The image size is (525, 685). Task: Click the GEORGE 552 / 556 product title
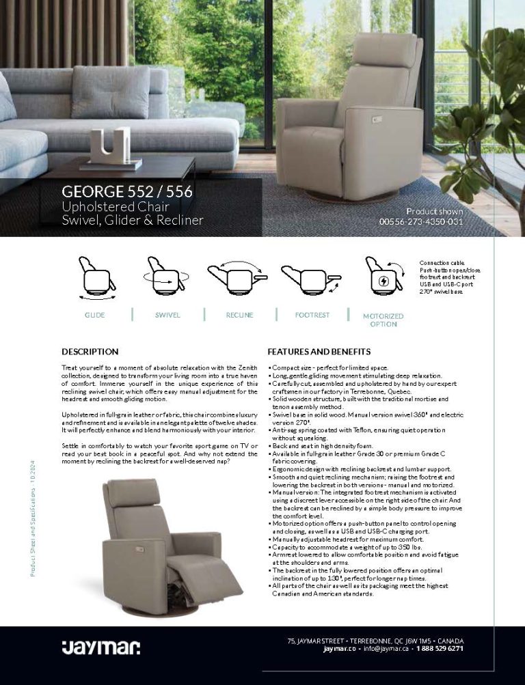point(127,192)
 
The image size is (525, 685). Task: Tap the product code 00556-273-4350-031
point(421,221)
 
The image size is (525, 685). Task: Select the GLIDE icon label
point(94,315)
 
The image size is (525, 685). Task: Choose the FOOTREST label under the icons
point(312,315)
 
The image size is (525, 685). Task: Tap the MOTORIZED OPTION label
point(383,320)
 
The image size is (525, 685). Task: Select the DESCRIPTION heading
point(90,352)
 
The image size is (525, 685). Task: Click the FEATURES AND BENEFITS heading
point(319,352)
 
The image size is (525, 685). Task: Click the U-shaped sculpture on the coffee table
point(110,145)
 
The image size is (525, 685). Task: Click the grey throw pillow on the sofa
point(109,92)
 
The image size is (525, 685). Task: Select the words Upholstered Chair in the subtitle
point(116,206)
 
